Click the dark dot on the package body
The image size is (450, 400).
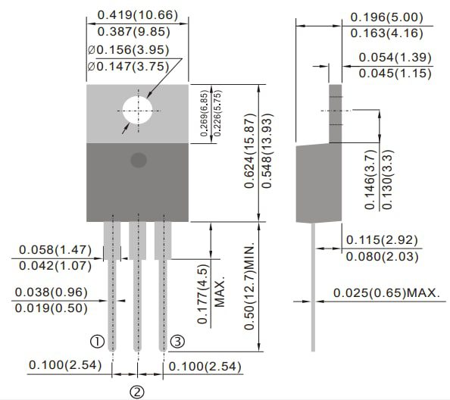(138, 160)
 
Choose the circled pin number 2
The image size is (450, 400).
(137, 392)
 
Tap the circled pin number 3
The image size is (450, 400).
(177, 341)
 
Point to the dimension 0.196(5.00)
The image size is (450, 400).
(391, 17)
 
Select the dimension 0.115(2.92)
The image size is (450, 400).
(383, 240)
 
